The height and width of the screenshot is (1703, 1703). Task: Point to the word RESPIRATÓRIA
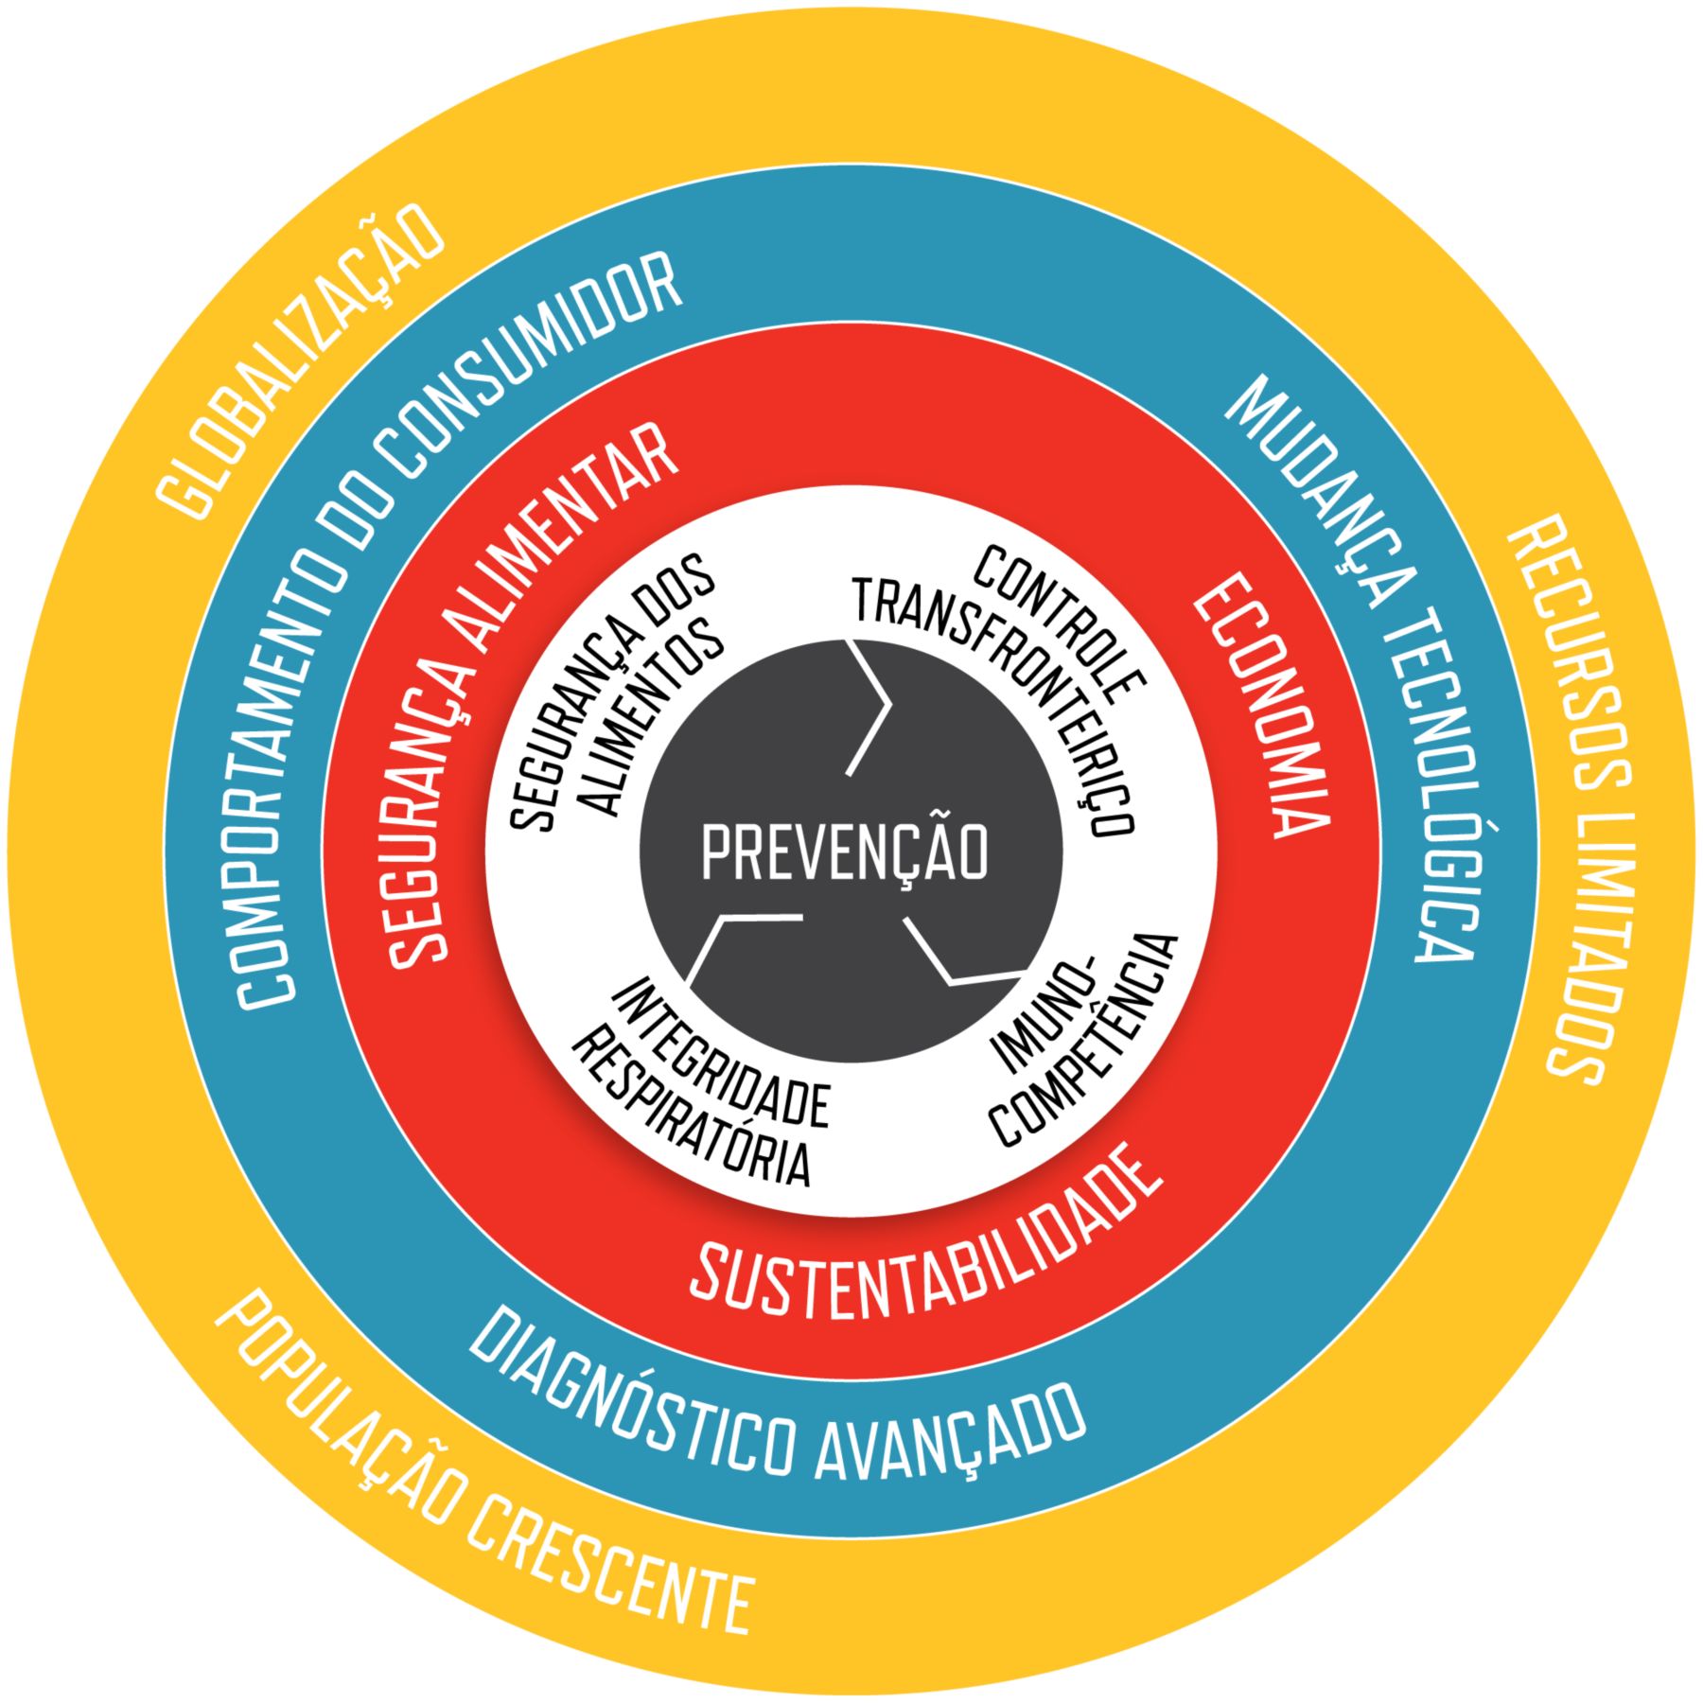(691, 1116)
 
